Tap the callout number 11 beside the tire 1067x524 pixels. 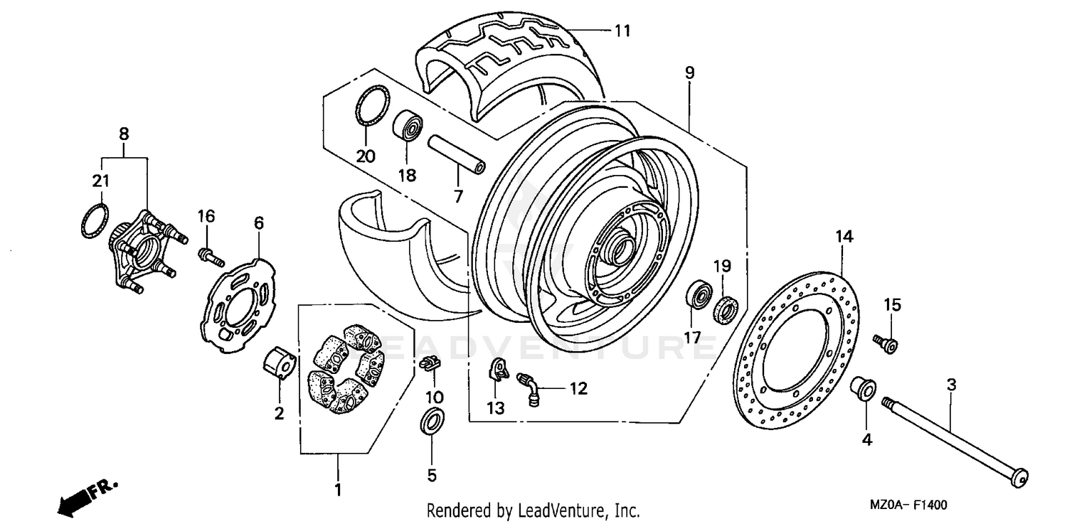(x=622, y=31)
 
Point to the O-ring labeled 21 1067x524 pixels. (x=95, y=222)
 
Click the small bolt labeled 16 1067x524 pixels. (x=208, y=257)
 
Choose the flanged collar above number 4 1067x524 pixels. (x=862, y=389)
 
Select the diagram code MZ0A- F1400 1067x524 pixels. (x=908, y=506)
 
